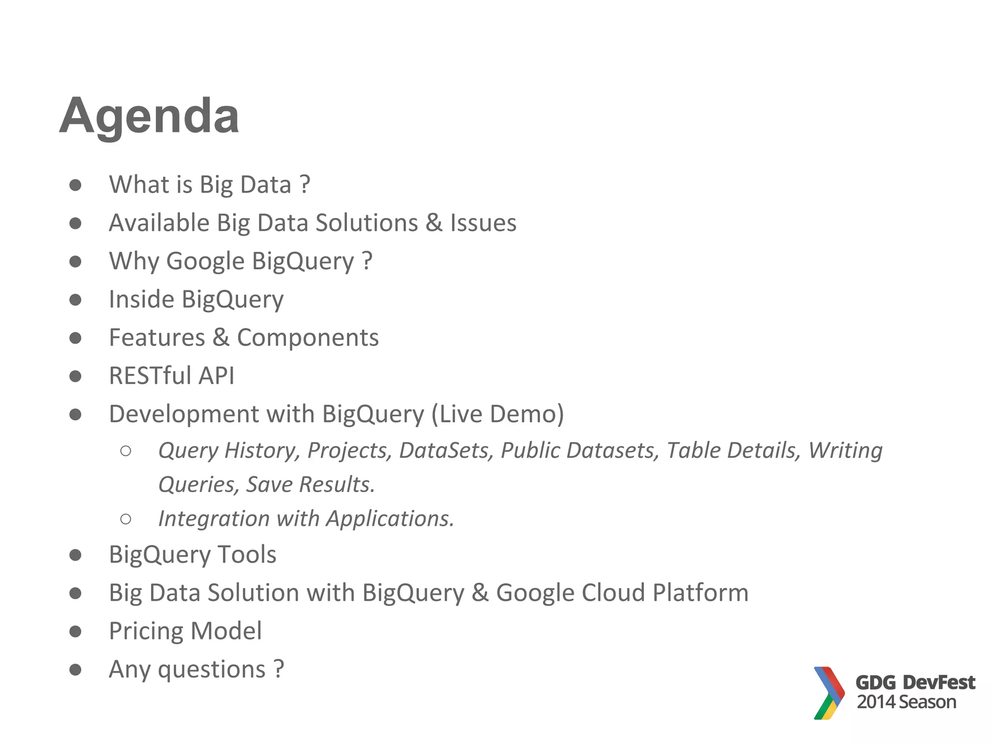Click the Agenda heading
click(x=149, y=116)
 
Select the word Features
click(x=157, y=338)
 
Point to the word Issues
click(x=483, y=223)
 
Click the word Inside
click(x=141, y=299)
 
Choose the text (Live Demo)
click(x=497, y=414)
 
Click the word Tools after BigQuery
click(x=247, y=555)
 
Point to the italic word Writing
click(x=845, y=450)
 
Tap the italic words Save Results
click(x=310, y=485)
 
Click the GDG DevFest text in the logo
click(x=915, y=682)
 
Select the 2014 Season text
click(x=906, y=702)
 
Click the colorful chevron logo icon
click(x=828, y=693)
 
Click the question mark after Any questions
click(x=279, y=669)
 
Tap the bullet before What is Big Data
click(x=75, y=185)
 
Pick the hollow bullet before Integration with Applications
click(x=126, y=519)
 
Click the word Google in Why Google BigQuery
click(x=205, y=262)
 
